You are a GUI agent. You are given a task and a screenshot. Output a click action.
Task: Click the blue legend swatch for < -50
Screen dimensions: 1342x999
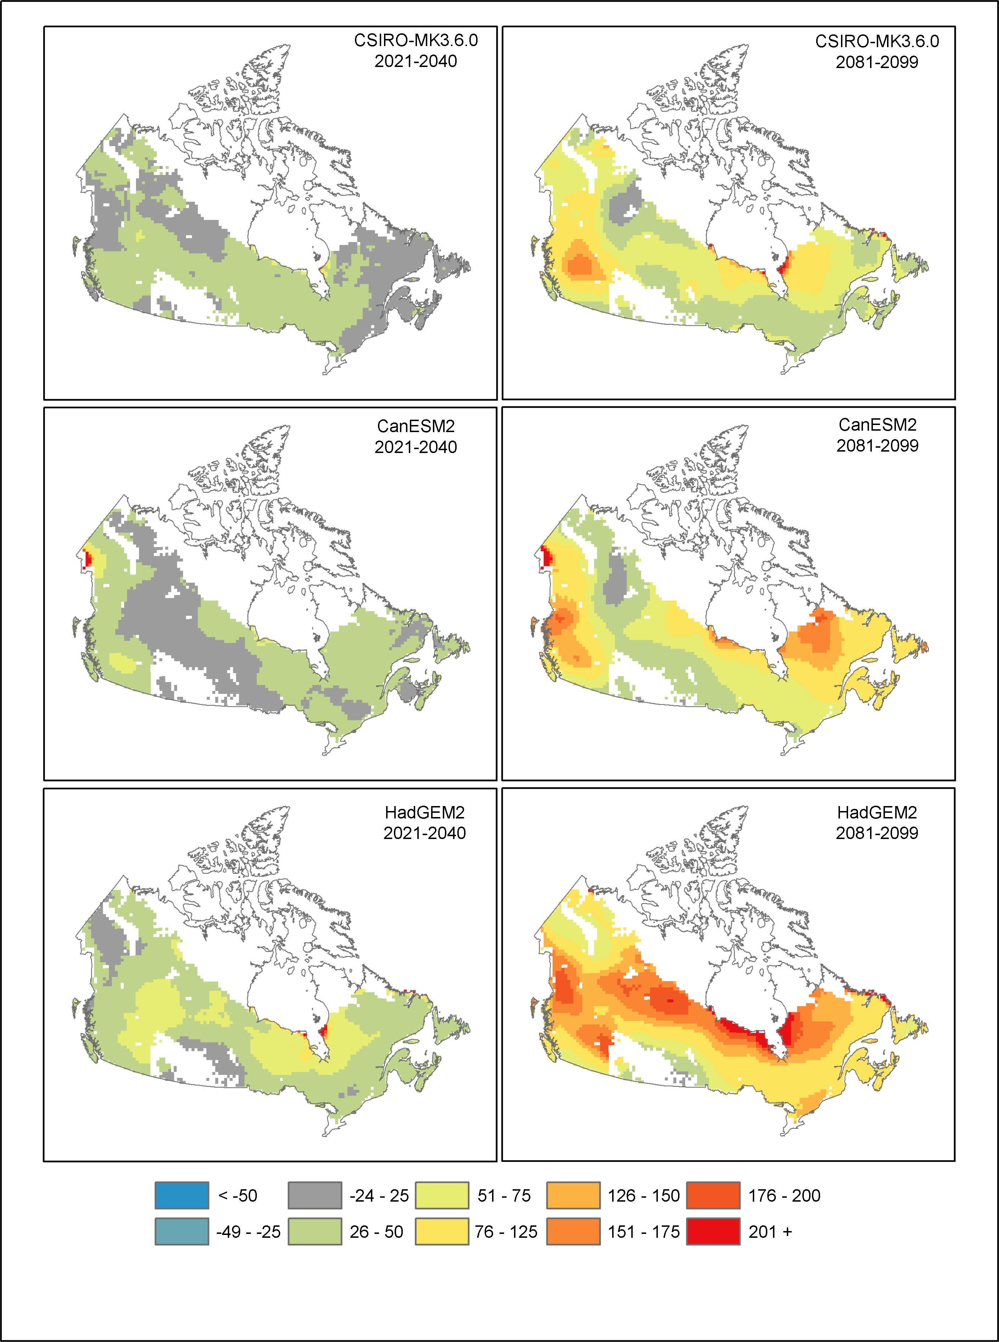coord(181,1195)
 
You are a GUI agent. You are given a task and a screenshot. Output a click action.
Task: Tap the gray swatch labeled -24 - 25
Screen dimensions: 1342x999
coord(315,1195)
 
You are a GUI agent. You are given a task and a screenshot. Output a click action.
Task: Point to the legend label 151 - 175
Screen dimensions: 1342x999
coord(643,1232)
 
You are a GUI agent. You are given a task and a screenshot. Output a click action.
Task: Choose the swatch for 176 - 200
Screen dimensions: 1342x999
coord(713,1195)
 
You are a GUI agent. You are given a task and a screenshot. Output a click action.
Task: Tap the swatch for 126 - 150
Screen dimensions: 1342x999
coord(573,1195)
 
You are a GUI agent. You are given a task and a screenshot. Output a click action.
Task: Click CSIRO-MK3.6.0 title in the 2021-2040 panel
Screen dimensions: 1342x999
coord(416,40)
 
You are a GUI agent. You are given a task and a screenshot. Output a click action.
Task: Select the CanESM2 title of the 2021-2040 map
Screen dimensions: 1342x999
coord(416,426)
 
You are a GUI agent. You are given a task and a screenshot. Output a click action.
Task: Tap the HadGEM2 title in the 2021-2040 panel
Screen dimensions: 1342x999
coord(424,812)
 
